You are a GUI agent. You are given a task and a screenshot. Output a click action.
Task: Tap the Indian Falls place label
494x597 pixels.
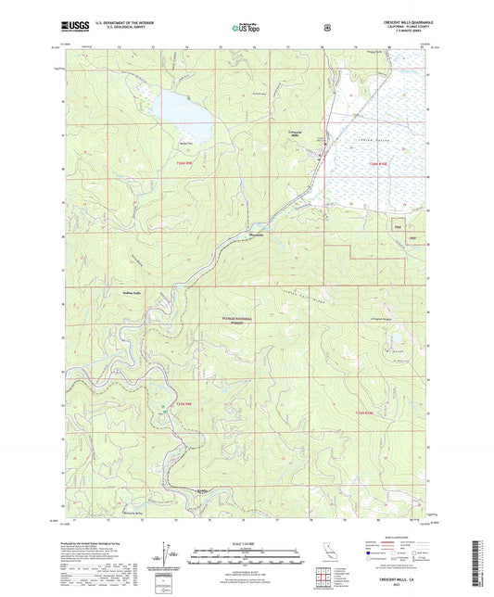click(136, 290)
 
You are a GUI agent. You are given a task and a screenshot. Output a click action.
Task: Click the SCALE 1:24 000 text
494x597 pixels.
click(247, 542)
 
